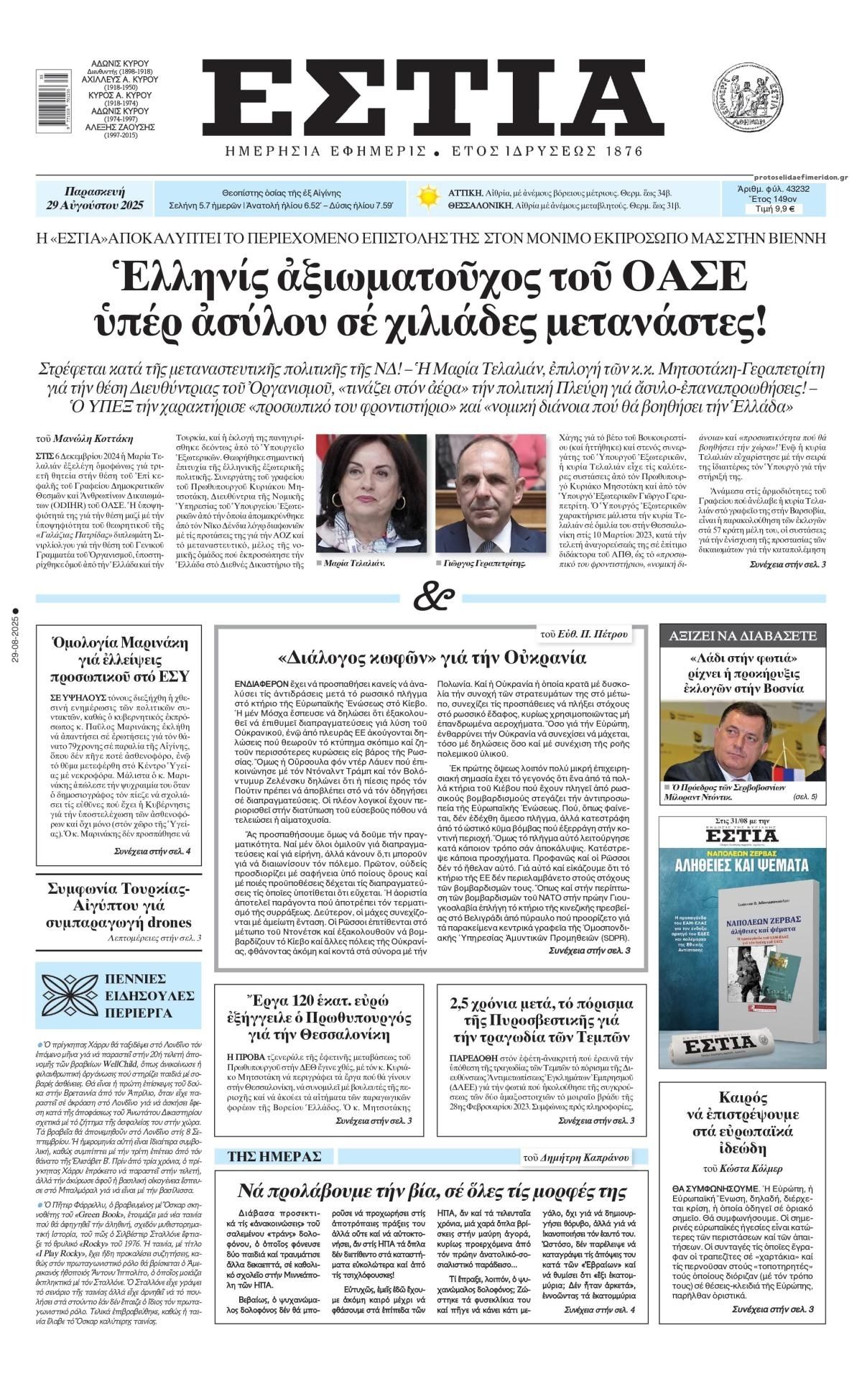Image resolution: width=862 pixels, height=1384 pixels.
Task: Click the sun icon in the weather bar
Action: click(428, 197)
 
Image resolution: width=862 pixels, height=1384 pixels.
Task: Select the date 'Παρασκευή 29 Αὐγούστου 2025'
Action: click(94, 198)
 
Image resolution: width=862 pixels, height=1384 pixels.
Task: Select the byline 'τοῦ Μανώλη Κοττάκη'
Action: click(84, 438)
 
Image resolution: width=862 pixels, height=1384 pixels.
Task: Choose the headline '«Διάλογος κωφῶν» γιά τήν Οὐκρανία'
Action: click(432, 658)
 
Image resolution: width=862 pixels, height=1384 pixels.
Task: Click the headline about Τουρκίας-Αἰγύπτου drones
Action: click(119, 905)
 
